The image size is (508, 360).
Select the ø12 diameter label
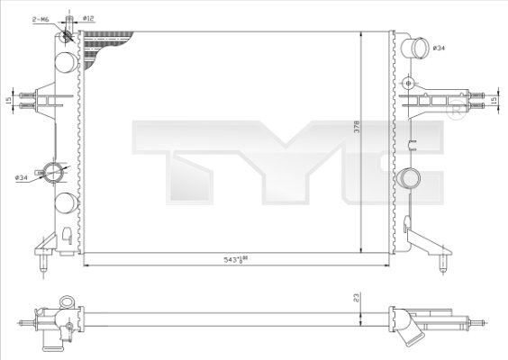coord(89,17)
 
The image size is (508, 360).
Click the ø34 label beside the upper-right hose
coord(440,47)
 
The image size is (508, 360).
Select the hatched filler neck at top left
coord(66,33)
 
